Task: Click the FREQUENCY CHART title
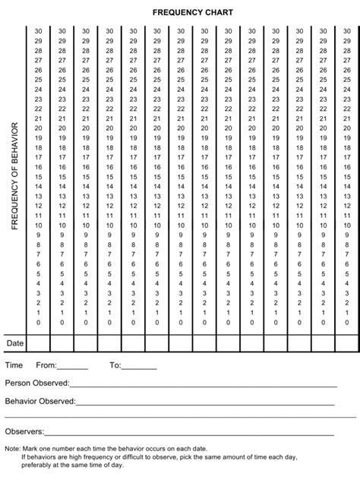[182, 13]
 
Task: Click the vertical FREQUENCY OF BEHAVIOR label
[14, 175]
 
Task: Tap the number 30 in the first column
[38, 31]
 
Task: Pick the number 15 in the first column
[38, 177]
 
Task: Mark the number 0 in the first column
[38, 322]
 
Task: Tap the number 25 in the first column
[38, 80]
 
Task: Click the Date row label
[15, 344]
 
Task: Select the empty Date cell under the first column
[38, 344]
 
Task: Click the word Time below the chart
[14, 365]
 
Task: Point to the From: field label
[46, 365]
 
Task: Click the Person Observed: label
[37, 383]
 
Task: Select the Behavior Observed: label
[40, 400]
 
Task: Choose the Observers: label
[24, 431]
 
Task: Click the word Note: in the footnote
[13, 450]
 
